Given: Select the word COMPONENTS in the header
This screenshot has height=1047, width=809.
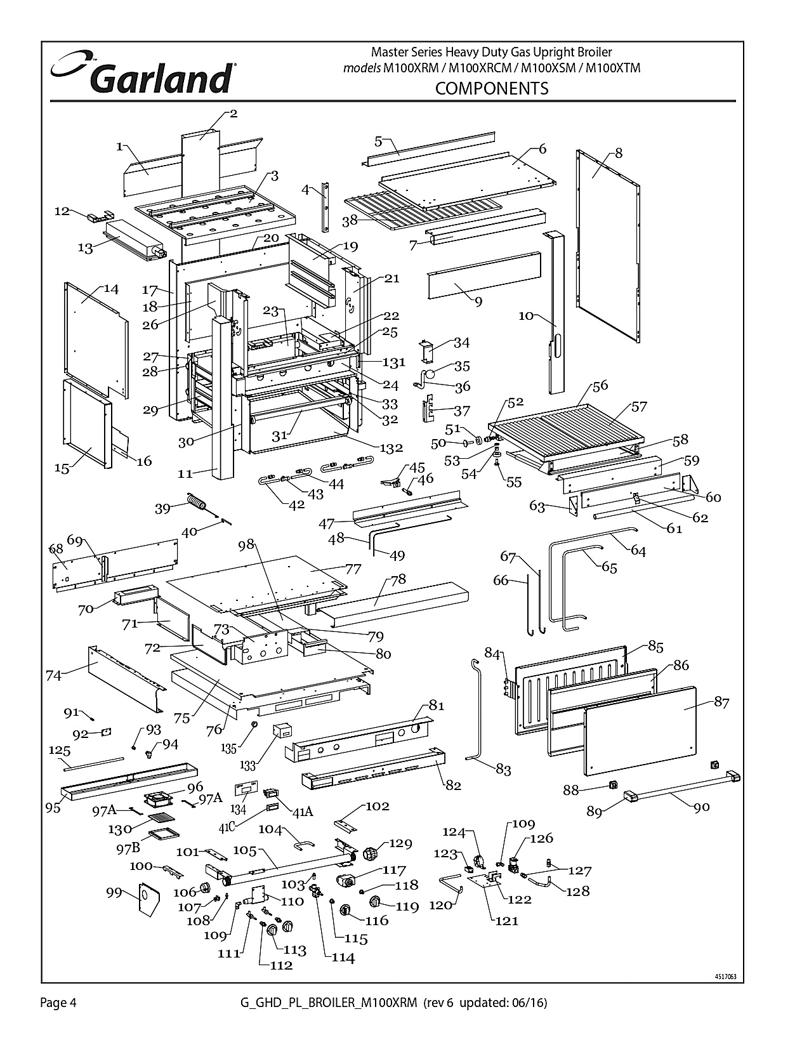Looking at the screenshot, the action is point(492,89).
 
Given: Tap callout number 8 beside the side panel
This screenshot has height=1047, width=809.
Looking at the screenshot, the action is point(619,153).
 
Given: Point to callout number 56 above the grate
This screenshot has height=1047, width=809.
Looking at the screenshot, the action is point(600,385).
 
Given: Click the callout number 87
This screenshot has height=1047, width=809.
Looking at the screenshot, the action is point(721,702).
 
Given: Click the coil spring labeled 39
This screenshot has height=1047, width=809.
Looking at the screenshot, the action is point(197,501).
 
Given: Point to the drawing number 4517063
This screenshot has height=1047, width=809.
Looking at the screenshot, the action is point(726,977).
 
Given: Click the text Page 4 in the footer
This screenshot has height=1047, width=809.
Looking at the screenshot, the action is point(58,1003).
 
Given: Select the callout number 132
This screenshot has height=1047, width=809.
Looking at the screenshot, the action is point(391,448).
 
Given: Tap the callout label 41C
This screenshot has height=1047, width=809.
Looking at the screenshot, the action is point(227,827).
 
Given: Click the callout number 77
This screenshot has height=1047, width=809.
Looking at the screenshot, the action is point(353,569).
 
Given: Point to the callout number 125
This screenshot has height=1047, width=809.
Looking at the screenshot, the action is point(59,750).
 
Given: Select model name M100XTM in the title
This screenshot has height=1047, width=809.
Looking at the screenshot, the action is point(613,69).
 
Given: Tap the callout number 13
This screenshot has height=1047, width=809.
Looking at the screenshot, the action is point(85,248).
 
